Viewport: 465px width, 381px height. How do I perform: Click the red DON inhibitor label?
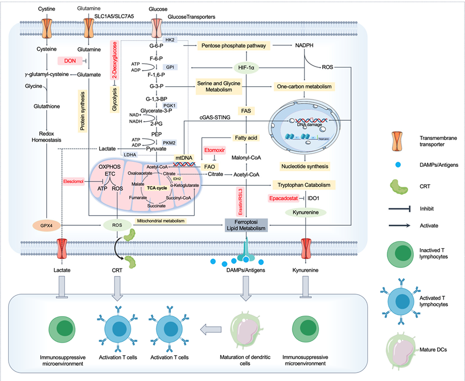click(x=70, y=61)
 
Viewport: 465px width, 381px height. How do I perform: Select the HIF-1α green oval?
click(x=246, y=68)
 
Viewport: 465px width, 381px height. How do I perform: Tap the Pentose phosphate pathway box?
click(x=234, y=46)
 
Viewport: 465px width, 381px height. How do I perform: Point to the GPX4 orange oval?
click(x=46, y=225)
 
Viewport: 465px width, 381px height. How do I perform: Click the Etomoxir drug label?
click(x=214, y=150)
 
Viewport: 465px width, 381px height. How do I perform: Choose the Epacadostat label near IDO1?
click(x=284, y=198)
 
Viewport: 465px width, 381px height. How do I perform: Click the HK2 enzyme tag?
click(x=170, y=40)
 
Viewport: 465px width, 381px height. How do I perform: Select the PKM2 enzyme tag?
click(x=170, y=143)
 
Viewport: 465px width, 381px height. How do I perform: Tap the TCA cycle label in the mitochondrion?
click(x=157, y=188)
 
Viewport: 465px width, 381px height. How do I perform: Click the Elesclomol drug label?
click(x=74, y=182)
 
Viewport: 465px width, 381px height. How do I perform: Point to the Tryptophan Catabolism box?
click(x=304, y=185)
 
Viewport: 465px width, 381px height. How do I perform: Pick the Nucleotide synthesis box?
click(x=305, y=166)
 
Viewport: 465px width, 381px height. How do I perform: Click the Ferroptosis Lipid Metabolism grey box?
click(x=246, y=225)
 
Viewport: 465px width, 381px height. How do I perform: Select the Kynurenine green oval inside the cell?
click(x=306, y=212)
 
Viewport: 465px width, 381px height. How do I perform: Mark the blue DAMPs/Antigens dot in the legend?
click(x=398, y=164)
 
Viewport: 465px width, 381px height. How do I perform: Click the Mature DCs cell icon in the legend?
click(x=400, y=350)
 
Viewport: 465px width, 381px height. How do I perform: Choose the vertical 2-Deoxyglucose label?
click(x=114, y=60)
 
